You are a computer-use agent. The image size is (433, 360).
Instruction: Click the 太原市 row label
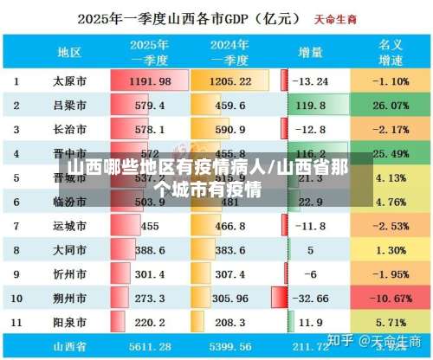tap(69, 81)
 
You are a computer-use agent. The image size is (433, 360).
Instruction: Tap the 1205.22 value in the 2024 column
tap(230, 81)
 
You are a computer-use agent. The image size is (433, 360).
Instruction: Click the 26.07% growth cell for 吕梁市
tap(379, 106)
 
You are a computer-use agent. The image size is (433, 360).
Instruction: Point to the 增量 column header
tap(312, 52)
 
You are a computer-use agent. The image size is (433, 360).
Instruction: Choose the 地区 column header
tap(69, 52)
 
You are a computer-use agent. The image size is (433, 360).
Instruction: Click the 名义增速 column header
tap(379, 52)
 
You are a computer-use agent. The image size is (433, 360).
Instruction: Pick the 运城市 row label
tap(69, 227)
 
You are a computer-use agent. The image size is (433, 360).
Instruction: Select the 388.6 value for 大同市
tap(150, 250)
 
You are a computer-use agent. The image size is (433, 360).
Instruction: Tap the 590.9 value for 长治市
tap(230, 130)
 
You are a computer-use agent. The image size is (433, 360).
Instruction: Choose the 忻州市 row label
tap(69, 274)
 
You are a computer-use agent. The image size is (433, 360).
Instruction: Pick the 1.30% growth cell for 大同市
tap(379, 250)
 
